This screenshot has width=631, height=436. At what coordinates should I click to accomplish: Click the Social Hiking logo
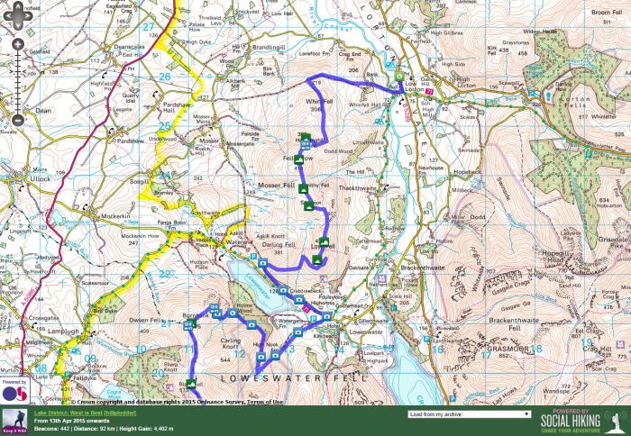point(582,421)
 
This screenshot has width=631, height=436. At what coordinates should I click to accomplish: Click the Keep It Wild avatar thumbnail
point(14,420)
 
